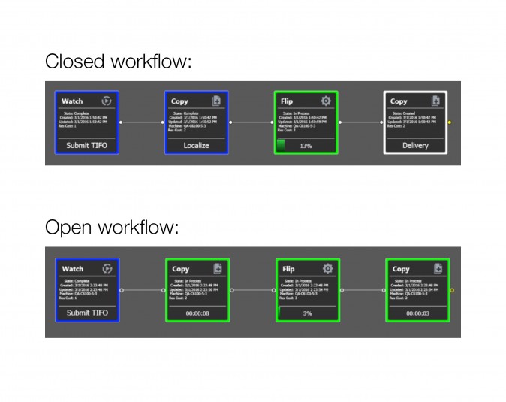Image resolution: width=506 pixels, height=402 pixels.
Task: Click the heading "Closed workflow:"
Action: pyautogui.click(x=119, y=61)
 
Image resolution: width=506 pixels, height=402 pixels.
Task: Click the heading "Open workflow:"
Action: pyautogui.click(x=112, y=228)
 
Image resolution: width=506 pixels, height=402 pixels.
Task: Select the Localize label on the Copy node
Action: pyautogui.click(x=196, y=145)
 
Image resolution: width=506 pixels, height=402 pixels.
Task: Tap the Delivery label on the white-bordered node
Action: pyautogui.click(x=415, y=145)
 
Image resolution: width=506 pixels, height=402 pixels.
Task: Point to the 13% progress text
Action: pyautogui.click(x=306, y=146)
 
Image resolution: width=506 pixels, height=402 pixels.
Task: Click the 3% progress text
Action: pyautogui.click(x=307, y=313)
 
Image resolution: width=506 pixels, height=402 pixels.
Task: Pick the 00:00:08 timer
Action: pyautogui.click(x=197, y=313)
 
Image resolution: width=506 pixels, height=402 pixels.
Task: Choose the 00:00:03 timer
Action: pyautogui.click(x=417, y=313)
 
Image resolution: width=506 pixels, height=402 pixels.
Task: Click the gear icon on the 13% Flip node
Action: pyautogui.click(x=326, y=101)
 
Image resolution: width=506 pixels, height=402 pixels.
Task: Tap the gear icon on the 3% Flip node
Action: pyautogui.click(x=327, y=268)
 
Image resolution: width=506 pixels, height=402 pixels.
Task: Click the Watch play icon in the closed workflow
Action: pyautogui.click(x=107, y=101)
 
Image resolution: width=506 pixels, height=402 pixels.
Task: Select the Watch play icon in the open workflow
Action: pyautogui.click(x=107, y=268)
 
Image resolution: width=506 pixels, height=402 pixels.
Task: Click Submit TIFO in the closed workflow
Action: pyautogui.click(x=86, y=145)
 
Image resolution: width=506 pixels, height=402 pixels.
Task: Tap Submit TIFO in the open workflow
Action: pyautogui.click(x=87, y=313)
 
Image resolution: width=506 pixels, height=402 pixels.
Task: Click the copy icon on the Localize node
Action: pyautogui.click(x=216, y=101)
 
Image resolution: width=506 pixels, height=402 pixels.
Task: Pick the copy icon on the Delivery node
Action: pyautogui.click(x=435, y=101)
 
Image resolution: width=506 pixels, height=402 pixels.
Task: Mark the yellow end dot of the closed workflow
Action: pyautogui.click(x=450, y=122)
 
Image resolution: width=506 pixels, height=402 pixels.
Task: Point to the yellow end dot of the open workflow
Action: pyautogui.click(x=451, y=289)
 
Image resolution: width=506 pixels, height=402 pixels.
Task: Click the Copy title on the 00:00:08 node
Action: pyautogui.click(x=181, y=269)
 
